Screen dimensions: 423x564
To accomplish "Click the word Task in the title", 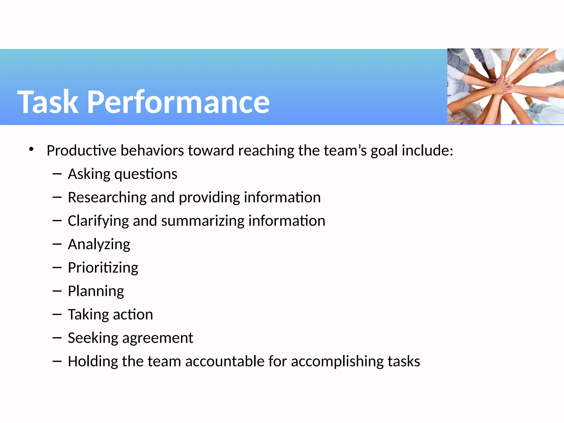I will (x=48, y=102).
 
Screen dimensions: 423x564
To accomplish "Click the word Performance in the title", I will (x=178, y=102).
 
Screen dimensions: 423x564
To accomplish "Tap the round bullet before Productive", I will (x=31, y=150).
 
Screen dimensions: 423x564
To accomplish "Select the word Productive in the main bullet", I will (x=82, y=151).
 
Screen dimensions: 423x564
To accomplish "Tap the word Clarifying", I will (x=98, y=221).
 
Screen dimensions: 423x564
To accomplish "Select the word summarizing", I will (x=203, y=221).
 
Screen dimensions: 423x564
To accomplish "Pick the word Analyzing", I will (x=99, y=245).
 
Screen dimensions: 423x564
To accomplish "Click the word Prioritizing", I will (x=103, y=268).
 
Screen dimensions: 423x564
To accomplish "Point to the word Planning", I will (x=96, y=291).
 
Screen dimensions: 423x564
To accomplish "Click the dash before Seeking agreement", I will (x=57, y=338).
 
